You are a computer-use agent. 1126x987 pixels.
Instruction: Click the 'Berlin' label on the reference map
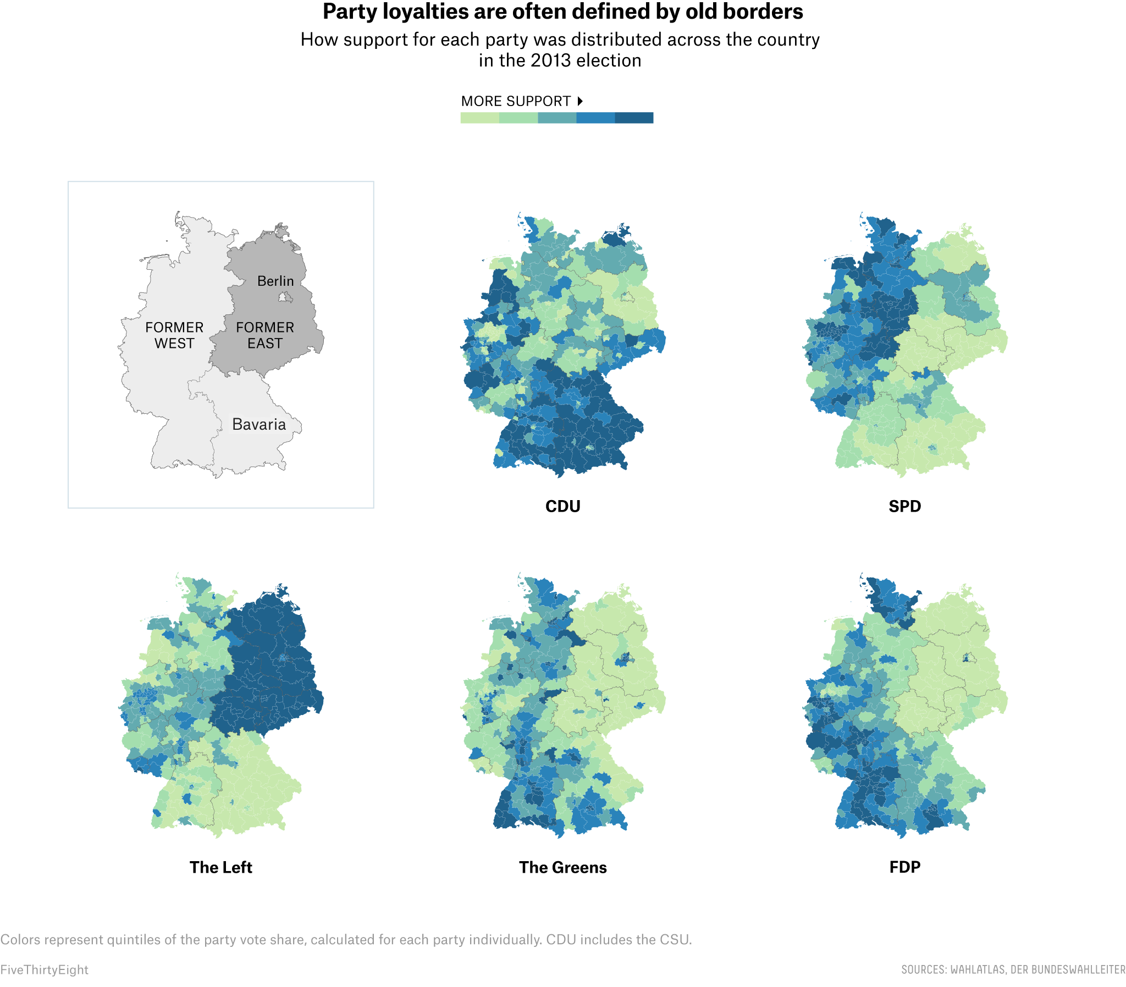point(275,281)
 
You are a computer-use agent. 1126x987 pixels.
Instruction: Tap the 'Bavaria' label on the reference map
point(259,424)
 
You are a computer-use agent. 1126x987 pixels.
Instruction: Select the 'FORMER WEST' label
point(174,335)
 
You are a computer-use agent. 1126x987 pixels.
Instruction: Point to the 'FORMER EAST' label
point(265,335)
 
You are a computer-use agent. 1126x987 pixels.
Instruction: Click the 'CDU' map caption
point(562,506)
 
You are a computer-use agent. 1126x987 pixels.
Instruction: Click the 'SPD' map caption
point(904,506)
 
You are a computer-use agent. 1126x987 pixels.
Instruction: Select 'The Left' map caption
point(220,867)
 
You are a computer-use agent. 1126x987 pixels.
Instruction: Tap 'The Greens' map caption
point(562,867)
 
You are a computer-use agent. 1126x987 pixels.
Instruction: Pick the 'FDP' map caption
point(904,867)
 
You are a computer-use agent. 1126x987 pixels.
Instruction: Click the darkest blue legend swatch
point(634,118)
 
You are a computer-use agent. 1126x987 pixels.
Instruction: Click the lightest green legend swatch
point(479,118)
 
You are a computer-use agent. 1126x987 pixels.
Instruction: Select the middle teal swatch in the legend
point(557,118)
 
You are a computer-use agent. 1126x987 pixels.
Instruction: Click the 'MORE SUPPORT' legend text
point(516,101)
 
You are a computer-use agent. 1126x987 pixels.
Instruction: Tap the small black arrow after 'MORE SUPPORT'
point(580,101)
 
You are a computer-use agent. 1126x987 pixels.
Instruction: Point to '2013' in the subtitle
point(551,60)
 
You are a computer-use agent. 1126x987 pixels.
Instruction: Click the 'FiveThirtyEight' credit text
point(44,969)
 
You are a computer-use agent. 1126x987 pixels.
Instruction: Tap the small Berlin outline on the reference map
point(285,298)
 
